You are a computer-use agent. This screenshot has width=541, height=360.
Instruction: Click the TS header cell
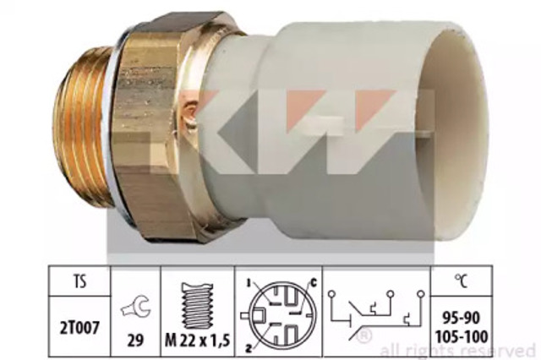coord(79,281)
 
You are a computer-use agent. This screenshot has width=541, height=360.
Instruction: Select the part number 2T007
coord(79,327)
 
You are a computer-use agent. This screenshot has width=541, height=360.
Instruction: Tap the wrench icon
coord(135,308)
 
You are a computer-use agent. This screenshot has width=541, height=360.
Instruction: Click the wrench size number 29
coord(135,341)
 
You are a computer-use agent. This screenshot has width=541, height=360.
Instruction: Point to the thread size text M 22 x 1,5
coord(197,341)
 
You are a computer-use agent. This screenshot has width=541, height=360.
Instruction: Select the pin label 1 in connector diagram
coord(248,283)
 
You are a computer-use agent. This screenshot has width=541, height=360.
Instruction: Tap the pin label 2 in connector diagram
coord(248,348)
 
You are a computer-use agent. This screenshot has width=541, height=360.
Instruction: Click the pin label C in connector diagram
coord(314,283)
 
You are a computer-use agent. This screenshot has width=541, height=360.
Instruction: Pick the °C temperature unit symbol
coord(462,281)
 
